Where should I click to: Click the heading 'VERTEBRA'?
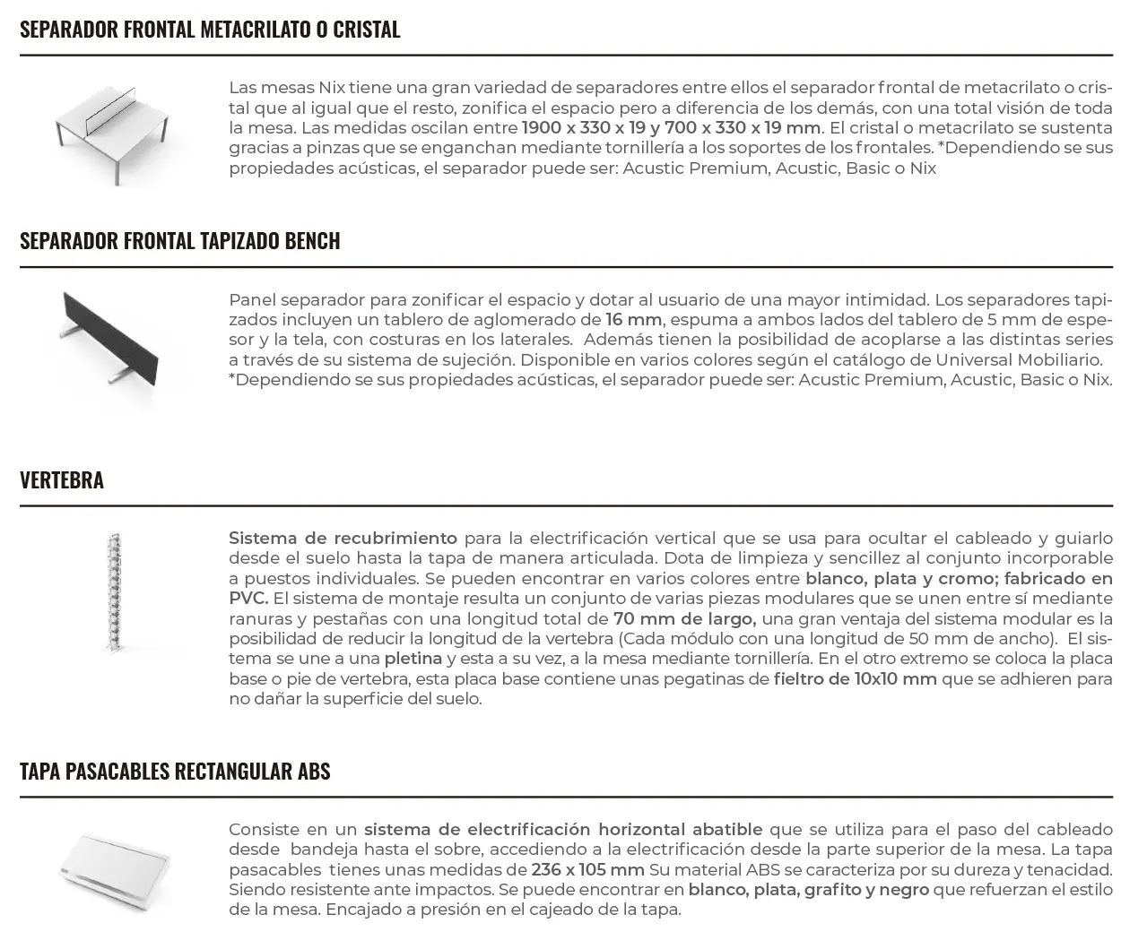[x=62, y=480]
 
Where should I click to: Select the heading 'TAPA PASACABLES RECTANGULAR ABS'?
[x=175, y=772]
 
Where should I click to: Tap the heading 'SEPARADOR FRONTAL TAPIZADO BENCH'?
[x=180, y=241]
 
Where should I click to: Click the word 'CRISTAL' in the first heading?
[x=366, y=30]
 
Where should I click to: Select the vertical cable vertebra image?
[x=113, y=592]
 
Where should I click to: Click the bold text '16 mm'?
[x=633, y=320]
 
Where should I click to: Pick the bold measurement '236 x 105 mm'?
[x=587, y=870]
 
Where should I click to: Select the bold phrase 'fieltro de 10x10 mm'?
[x=855, y=679]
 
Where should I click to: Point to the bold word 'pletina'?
[x=413, y=659]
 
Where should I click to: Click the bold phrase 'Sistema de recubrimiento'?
[x=343, y=539]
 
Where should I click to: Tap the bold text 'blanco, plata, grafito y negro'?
[x=808, y=890]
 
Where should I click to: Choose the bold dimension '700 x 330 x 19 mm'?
[x=742, y=128]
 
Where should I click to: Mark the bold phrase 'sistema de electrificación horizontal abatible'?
[x=563, y=830]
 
